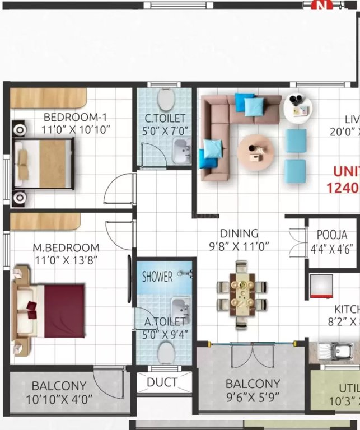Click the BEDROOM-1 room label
(75, 117)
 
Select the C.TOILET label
(166, 118)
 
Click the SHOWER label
(157, 276)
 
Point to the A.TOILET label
(165, 322)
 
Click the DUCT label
(162, 383)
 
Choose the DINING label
(239, 233)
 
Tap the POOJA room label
(331, 235)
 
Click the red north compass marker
(321, 5)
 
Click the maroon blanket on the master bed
(64, 311)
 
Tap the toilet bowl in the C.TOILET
(166, 100)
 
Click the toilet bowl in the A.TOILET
(166, 352)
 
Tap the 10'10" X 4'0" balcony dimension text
(59, 399)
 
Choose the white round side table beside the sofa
(298, 107)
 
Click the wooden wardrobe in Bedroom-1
(49, 97)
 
